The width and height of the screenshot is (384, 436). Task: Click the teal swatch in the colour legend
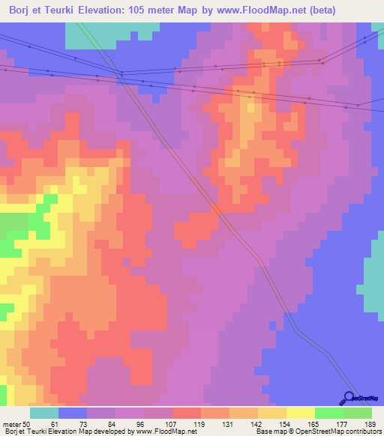point(44,414)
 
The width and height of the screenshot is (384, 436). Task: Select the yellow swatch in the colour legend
point(300,414)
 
